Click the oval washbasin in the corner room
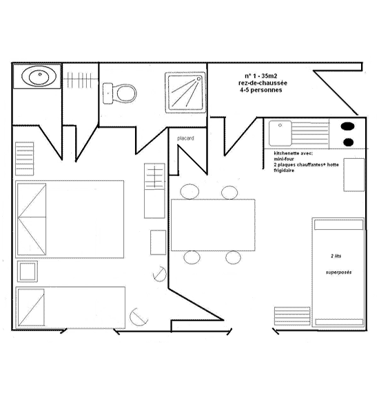pyautogui.click(x=39, y=76)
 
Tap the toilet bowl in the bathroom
pyautogui.click(x=126, y=94)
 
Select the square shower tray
pyautogui.click(x=185, y=93)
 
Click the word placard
pyautogui.click(x=185, y=138)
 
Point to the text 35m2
pyautogui.click(x=269, y=76)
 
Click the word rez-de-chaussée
pyautogui.click(x=263, y=83)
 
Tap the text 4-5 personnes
pyautogui.click(x=260, y=90)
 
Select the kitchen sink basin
pyautogui.click(x=280, y=133)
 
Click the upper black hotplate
pyautogui.click(x=348, y=126)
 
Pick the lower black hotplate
pyautogui.click(x=348, y=142)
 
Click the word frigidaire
pyautogui.click(x=284, y=171)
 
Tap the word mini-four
pyautogui.click(x=284, y=159)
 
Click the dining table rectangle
pyautogui.click(x=213, y=225)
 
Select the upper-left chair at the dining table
pyautogui.click(x=189, y=192)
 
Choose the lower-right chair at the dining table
pyautogui.click(x=233, y=257)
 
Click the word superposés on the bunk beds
pyautogui.click(x=339, y=272)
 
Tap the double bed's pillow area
pyautogui.click(x=32, y=219)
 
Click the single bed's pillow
pyautogui.click(x=31, y=308)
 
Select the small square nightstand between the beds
pyautogui.click(x=28, y=272)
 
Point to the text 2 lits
pyautogui.click(x=336, y=256)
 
